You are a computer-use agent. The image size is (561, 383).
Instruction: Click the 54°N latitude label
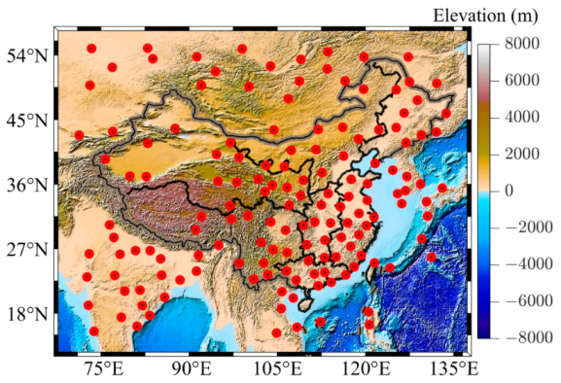(25, 55)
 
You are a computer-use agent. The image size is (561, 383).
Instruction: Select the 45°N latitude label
(25, 121)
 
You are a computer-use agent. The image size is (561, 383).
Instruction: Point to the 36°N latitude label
(25, 185)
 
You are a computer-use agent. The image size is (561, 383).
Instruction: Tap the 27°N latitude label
(25, 250)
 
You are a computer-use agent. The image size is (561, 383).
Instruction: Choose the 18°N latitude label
(25, 314)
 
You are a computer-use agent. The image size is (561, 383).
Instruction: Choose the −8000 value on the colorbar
(523, 337)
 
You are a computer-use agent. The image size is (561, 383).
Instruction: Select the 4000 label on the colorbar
(519, 117)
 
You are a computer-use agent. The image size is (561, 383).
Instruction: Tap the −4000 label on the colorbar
(523, 263)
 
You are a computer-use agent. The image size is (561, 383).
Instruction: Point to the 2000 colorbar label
(519, 154)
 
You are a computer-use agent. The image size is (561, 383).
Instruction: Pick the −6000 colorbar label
(523, 300)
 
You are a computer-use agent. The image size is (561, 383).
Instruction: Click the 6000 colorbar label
(519, 81)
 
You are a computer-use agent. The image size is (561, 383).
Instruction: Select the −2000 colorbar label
(523, 227)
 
